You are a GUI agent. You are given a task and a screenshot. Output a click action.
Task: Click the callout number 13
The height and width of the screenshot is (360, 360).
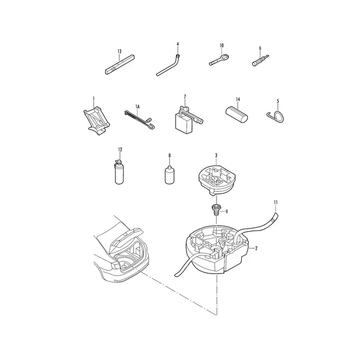coord(119,52)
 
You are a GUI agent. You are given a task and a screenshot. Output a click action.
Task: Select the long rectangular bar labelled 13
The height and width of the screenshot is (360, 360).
coord(120,65)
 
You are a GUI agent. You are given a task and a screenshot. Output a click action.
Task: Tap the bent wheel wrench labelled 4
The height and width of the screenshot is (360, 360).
coord(168,65)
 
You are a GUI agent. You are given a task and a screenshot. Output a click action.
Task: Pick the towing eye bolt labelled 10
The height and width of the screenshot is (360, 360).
coord(220,59)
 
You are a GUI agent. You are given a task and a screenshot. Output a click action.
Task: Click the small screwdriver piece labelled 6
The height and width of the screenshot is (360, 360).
coord(260,61)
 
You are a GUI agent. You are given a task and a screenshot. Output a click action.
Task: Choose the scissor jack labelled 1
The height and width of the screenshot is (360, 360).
coord(97,121)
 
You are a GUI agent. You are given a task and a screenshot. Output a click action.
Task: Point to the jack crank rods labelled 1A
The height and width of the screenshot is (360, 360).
coord(139,119)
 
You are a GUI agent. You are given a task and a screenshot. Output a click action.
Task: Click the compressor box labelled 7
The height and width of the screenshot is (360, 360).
coord(188,120)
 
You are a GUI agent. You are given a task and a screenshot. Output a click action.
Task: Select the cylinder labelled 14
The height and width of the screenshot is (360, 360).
coord(236,115)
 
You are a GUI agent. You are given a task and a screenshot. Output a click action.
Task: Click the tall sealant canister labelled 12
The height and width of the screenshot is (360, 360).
coord(119,172)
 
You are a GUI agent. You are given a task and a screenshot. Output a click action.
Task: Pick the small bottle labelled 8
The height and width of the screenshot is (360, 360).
coord(170,175)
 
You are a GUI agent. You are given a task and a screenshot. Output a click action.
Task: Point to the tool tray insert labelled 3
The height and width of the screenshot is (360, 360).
coord(217,179)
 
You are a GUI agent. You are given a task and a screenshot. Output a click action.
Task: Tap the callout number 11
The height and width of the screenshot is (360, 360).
coord(276,202)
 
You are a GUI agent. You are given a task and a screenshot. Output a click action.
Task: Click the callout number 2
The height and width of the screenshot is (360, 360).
coord(256,248)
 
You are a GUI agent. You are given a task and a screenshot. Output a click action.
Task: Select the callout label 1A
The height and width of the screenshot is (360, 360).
coord(137,106)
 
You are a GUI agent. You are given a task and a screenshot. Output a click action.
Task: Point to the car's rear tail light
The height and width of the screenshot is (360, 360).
coord(116,265)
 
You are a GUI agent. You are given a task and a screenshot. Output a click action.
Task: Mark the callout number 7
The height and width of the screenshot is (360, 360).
coord(185,97)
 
